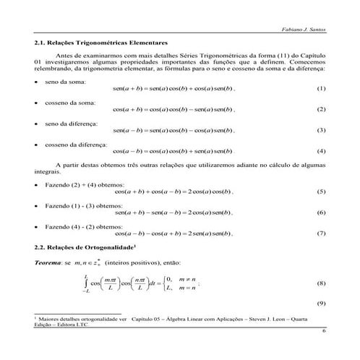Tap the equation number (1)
(321, 88)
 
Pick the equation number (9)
(321, 302)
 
